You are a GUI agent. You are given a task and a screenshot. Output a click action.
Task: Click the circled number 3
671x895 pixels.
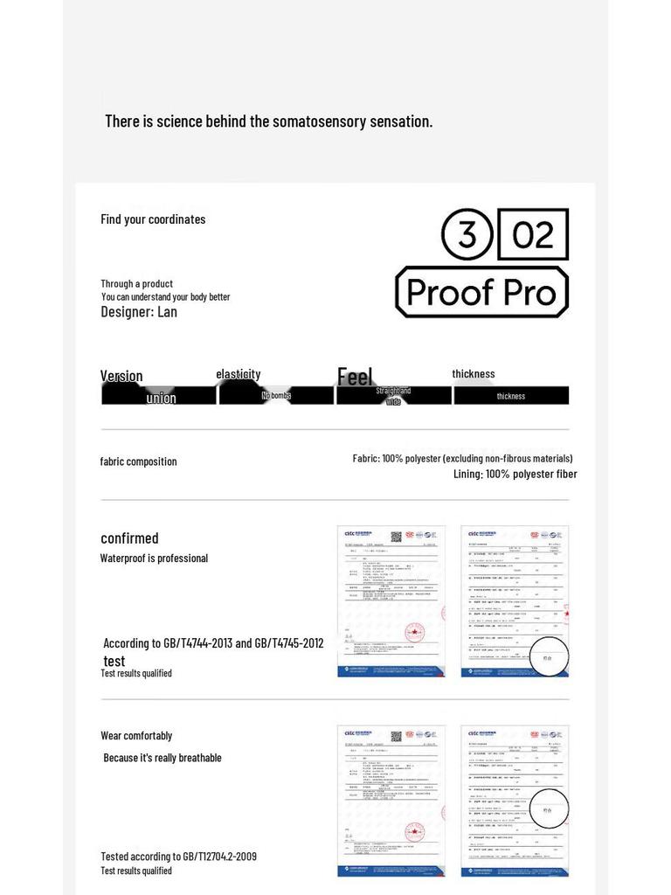tap(467, 235)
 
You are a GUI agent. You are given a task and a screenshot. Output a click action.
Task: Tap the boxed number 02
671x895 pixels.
tap(533, 234)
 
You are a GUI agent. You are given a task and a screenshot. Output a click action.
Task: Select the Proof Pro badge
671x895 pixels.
tap(481, 292)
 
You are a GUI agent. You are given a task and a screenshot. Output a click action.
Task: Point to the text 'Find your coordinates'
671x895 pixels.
tap(153, 219)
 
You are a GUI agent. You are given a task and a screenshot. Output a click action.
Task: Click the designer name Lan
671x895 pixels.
tap(167, 312)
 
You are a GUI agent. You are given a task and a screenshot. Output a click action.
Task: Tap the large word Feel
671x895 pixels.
tap(355, 377)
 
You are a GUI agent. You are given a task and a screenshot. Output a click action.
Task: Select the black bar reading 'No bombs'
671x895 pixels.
tap(276, 396)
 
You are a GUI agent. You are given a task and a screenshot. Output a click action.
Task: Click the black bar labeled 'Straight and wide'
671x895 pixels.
tap(394, 396)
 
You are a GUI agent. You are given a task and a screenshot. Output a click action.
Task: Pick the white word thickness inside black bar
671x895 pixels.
tap(511, 396)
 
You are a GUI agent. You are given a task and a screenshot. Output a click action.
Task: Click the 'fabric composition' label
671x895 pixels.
tap(138, 461)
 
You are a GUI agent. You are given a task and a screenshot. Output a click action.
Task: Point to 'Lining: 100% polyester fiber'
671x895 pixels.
tap(515, 474)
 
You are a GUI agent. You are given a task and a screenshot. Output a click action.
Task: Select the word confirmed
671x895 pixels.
tap(129, 538)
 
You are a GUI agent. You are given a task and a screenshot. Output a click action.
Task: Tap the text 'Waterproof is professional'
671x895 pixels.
tap(154, 559)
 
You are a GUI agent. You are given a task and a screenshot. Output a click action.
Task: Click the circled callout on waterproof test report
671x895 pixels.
tap(550, 658)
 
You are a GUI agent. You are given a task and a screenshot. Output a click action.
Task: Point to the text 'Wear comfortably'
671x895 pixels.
tap(136, 736)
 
